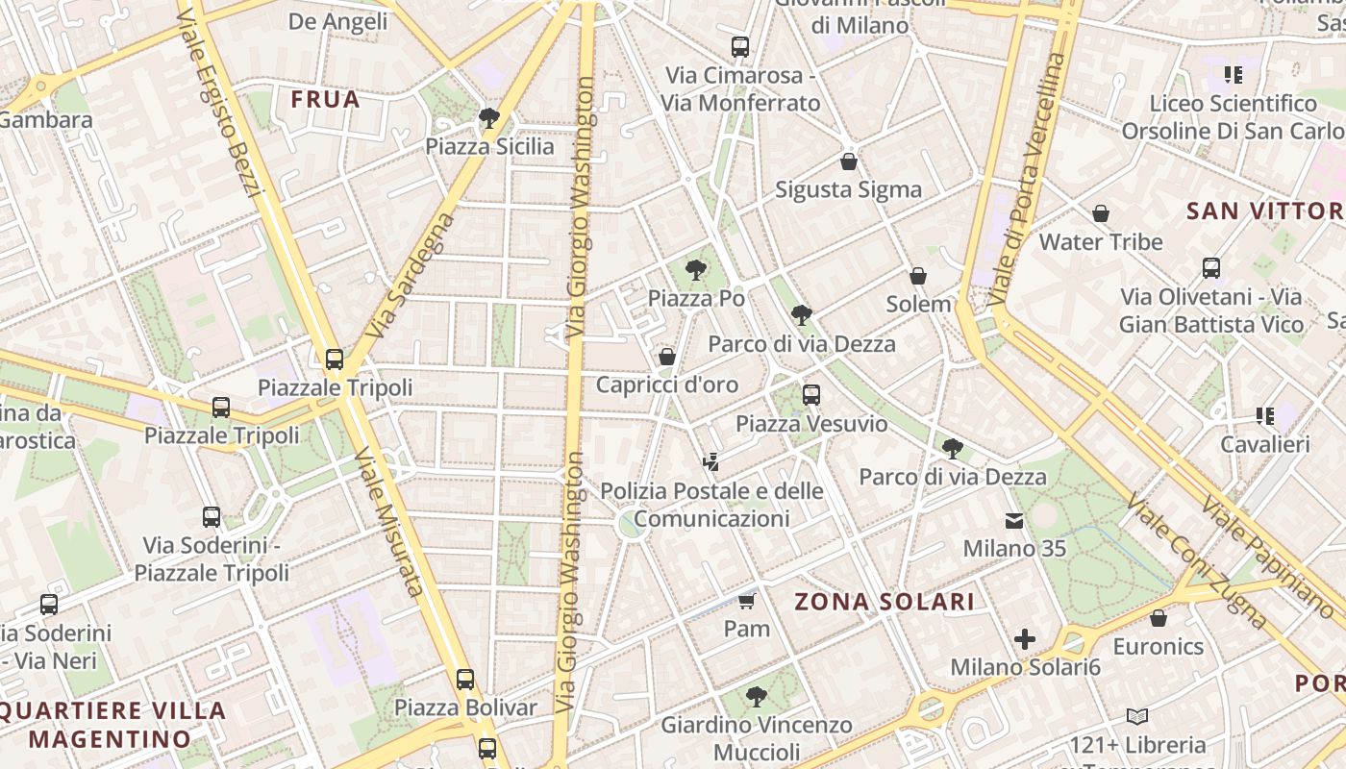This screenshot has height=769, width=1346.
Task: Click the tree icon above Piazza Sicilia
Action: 488,118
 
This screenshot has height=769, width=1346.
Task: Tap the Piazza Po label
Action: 696,298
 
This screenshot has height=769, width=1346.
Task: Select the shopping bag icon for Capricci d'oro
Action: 667,357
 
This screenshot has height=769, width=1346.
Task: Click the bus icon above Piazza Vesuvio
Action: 810,394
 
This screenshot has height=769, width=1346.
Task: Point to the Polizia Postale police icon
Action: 711,462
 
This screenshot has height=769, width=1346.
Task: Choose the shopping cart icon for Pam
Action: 747,602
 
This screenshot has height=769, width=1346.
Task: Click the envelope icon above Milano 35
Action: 1014,520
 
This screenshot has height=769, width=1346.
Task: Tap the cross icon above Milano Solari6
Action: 1025,638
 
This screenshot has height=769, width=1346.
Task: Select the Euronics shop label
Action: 1159,646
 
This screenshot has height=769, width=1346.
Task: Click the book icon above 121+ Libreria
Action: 1137,716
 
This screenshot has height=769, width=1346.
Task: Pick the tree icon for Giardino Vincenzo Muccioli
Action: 756,696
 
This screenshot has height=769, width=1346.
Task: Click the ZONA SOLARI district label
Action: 885,603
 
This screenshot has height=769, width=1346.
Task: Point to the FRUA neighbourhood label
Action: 325,99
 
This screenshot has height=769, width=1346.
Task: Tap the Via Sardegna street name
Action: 411,276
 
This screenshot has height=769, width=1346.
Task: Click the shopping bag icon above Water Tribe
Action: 1101,212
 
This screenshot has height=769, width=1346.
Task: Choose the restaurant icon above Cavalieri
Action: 1264,416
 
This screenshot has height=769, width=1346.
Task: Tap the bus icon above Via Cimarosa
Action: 739,46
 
